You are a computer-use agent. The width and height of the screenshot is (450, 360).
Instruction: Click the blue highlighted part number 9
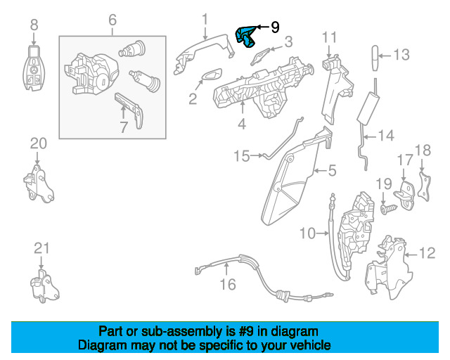point(247,34)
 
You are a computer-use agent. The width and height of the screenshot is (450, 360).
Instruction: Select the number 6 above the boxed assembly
point(112,21)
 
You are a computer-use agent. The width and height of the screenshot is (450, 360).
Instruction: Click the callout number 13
point(400,53)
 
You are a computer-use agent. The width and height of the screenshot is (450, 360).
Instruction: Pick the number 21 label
point(41,247)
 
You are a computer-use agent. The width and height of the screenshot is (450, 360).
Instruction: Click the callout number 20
point(38,143)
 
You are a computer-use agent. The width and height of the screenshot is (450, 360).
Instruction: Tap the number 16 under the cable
point(227,285)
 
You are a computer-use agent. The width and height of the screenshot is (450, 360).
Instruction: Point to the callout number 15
point(242,155)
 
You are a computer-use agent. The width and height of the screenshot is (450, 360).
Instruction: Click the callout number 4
point(241,125)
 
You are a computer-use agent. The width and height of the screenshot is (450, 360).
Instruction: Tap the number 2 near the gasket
point(193,99)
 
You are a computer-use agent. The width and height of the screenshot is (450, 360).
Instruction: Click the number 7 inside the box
point(123,127)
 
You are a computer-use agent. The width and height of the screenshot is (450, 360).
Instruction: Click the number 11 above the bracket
point(330,37)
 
